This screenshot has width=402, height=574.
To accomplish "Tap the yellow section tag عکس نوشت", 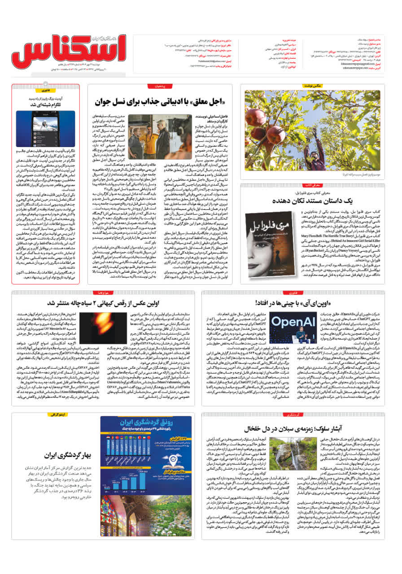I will point(314,85).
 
